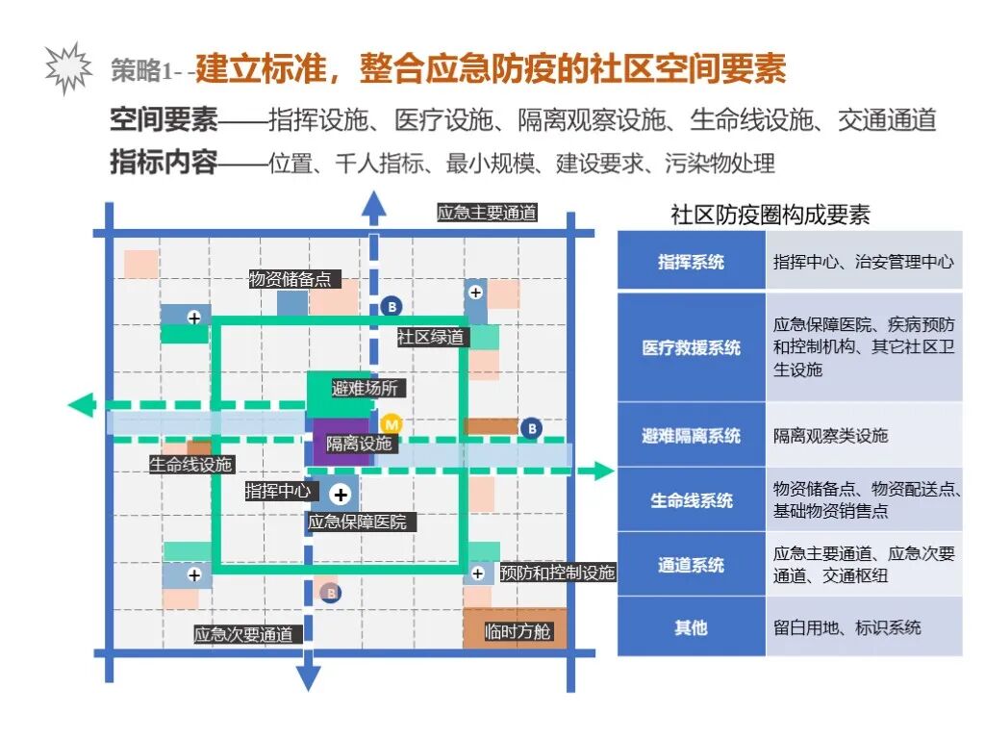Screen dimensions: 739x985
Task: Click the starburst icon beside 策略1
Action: point(68,67)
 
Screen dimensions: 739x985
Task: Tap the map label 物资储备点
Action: point(290,279)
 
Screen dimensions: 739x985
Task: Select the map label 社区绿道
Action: point(431,337)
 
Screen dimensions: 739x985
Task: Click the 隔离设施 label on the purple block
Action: point(359,444)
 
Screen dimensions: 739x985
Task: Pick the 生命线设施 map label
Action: point(190,465)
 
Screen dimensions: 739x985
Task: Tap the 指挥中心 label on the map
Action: point(277,491)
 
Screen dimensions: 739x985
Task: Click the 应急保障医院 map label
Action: point(357,522)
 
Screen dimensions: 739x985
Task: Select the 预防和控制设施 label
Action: point(557,573)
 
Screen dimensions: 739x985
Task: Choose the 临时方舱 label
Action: point(518,632)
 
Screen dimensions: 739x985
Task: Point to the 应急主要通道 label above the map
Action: point(487,213)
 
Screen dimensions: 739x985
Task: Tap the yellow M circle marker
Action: point(391,424)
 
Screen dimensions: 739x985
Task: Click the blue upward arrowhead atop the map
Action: point(373,205)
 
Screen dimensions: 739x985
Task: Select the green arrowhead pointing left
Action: point(80,405)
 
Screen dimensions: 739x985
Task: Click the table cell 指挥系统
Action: point(691,262)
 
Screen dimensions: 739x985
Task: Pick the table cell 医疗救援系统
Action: point(691,347)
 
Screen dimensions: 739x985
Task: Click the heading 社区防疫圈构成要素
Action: point(770,216)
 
